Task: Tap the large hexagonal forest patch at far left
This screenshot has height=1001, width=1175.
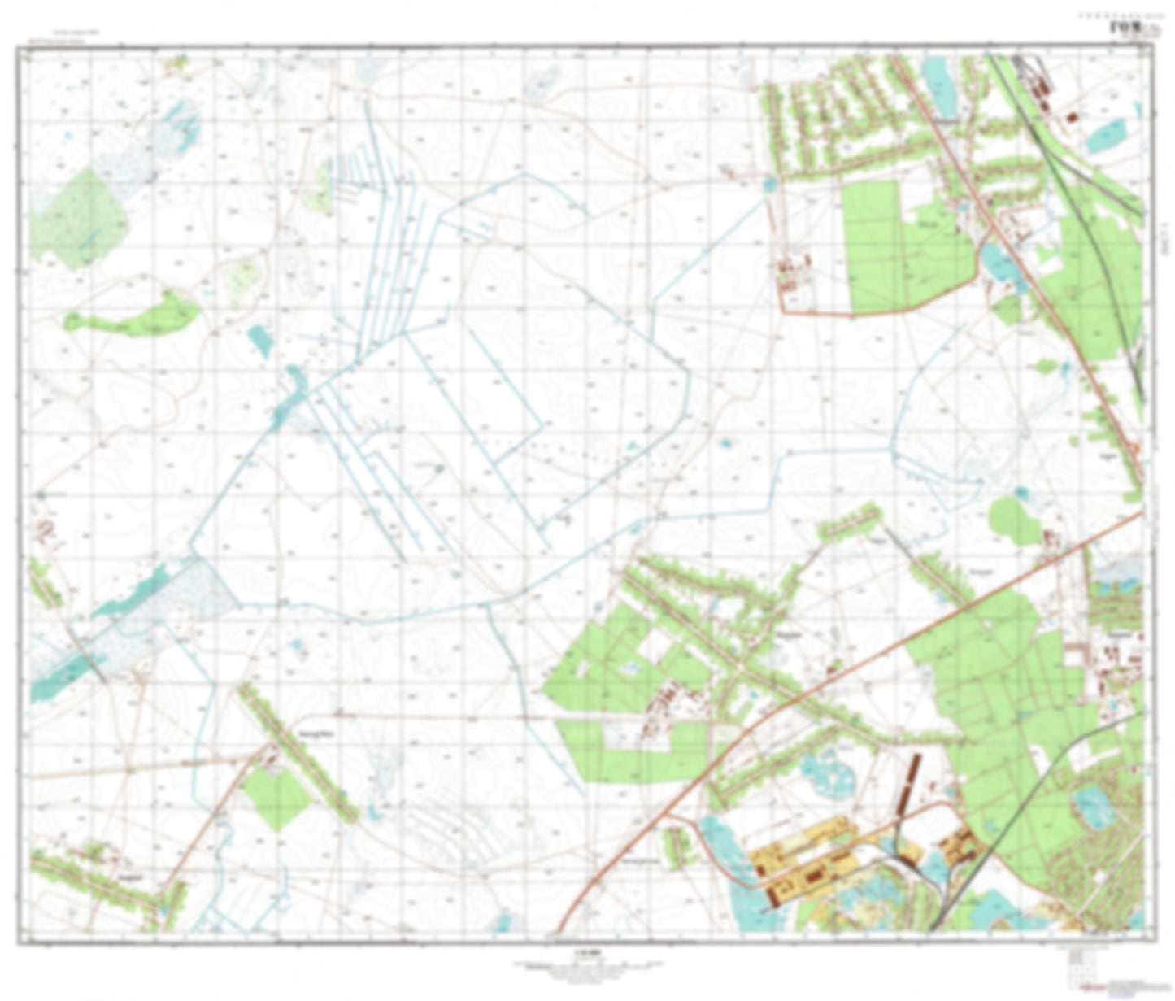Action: tap(78, 220)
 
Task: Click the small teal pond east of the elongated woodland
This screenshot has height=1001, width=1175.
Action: tap(260, 340)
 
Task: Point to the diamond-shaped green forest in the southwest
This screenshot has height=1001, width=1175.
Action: tap(276, 786)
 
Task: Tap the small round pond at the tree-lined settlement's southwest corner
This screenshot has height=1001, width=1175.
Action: tap(768, 185)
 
